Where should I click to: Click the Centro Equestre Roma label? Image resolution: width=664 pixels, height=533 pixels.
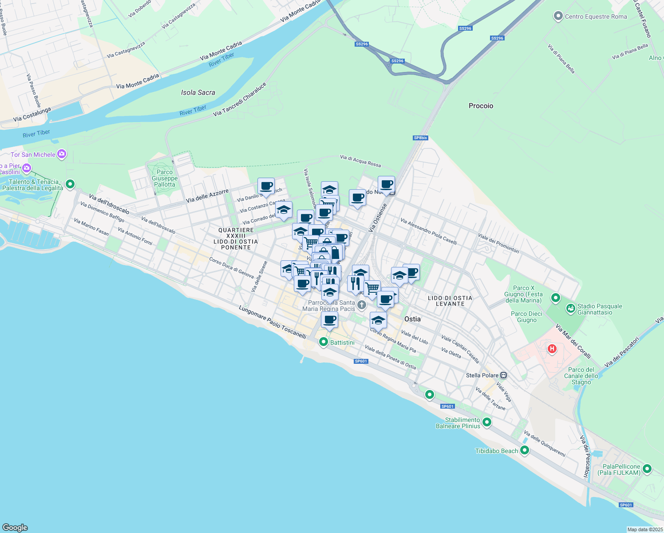tap(596, 16)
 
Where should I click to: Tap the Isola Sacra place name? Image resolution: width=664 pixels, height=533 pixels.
tap(198, 92)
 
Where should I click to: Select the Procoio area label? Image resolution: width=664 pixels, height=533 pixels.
tap(481, 106)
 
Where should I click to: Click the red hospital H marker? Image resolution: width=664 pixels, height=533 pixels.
tap(552, 349)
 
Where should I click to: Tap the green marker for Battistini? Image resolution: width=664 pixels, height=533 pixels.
tap(324, 342)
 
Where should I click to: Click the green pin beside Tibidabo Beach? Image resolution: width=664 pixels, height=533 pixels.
tap(525, 450)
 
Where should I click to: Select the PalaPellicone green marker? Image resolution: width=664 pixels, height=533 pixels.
tap(647, 469)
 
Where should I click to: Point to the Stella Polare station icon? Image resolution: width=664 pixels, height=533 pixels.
tap(503, 375)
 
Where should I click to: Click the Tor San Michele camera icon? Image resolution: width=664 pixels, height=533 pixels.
tap(62, 154)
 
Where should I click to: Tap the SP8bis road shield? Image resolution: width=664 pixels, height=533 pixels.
tap(420, 138)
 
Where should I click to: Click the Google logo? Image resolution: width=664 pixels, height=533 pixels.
tap(15, 528)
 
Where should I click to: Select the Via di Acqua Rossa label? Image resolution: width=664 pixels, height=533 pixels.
tap(360, 161)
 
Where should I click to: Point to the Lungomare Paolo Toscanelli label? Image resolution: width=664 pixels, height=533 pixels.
tap(273, 322)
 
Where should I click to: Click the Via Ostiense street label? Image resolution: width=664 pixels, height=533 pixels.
tap(378, 218)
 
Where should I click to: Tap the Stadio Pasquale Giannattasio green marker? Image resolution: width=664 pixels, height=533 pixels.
tap(570, 308)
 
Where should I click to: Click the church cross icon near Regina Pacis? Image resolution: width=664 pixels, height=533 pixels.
tap(362, 305)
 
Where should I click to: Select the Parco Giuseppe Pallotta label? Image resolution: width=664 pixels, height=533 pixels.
tap(165, 178)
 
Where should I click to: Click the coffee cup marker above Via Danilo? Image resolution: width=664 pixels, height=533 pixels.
tap(266, 186)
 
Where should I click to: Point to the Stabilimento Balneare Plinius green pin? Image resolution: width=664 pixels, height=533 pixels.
tap(487, 422)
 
